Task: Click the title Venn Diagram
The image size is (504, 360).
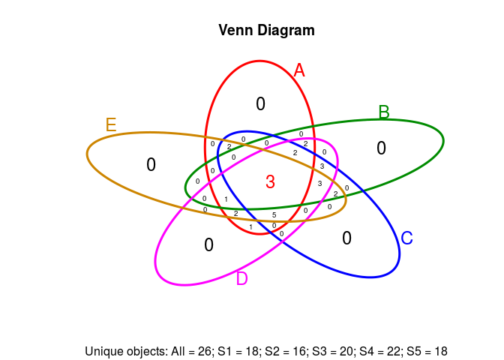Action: (x=266, y=31)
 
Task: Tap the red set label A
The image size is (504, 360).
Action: (x=299, y=70)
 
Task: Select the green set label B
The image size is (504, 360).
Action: (x=384, y=112)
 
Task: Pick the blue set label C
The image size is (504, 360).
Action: (x=406, y=238)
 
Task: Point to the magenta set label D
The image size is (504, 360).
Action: (x=241, y=279)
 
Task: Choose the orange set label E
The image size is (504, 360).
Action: (x=111, y=124)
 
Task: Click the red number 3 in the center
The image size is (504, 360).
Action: (x=270, y=181)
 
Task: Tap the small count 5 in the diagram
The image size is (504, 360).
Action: (x=274, y=215)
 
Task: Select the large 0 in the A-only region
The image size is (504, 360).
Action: (x=260, y=104)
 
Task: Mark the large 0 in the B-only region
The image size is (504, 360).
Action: (x=381, y=148)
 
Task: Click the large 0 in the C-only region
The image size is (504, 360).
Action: (x=346, y=238)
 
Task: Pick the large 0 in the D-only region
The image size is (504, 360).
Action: (x=208, y=244)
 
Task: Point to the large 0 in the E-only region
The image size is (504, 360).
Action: (x=151, y=165)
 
